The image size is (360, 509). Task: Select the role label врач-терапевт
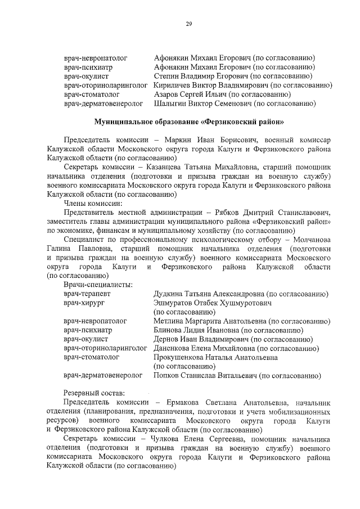pos(87,294)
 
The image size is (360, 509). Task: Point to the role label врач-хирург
pos(84,303)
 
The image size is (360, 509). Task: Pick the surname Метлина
pos(169,321)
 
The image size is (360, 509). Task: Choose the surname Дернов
pos(167,339)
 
